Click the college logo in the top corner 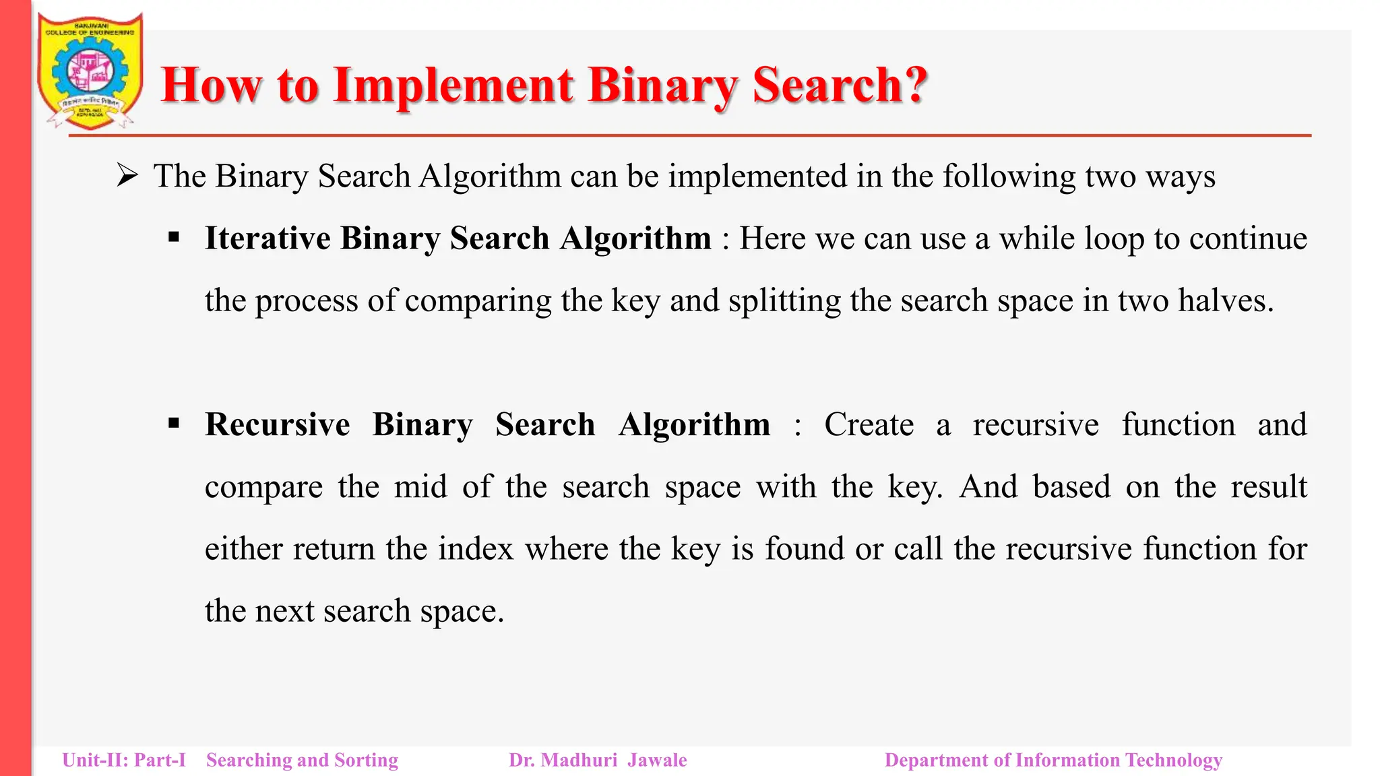[x=90, y=71]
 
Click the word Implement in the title [x=453, y=86]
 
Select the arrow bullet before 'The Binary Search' [x=127, y=176]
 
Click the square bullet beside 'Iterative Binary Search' [x=175, y=237]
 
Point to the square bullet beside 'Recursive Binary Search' [x=175, y=424]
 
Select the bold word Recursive [x=277, y=425]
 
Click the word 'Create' [x=869, y=425]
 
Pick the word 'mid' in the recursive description [x=420, y=487]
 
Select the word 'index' [x=476, y=549]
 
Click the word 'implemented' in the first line [x=757, y=176]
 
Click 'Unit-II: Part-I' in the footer [x=124, y=761]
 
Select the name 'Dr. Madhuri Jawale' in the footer [x=598, y=761]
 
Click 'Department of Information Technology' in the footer [x=1053, y=761]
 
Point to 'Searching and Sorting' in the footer [x=302, y=761]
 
